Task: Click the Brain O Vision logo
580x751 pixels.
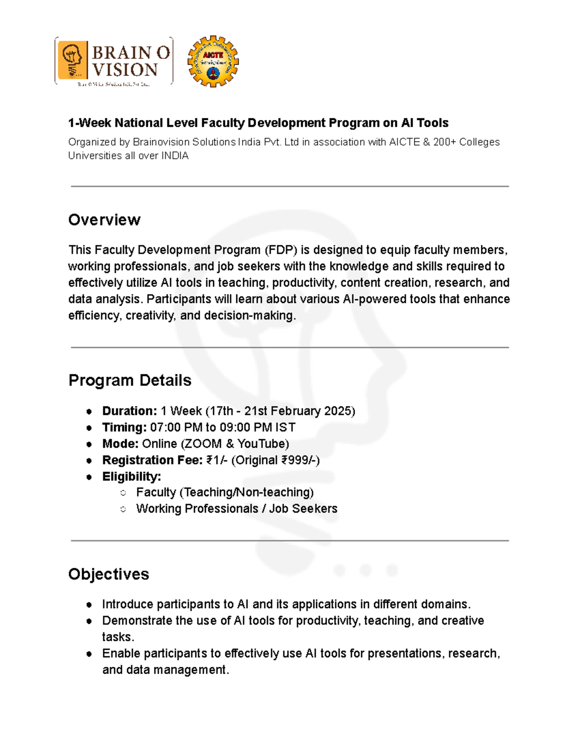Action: click(x=114, y=61)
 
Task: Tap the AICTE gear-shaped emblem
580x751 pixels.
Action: click(x=213, y=61)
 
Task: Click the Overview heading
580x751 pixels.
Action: click(x=104, y=220)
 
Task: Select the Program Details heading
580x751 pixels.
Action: click(x=130, y=381)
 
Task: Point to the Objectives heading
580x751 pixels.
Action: click(x=109, y=574)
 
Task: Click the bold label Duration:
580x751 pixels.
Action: click(x=130, y=411)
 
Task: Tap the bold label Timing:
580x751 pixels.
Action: click(x=124, y=427)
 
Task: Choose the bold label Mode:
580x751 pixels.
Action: click(x=120, y=444)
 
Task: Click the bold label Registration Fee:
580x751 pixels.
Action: click(x=152, y=460)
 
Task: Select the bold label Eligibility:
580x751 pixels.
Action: click(x=131, y=477)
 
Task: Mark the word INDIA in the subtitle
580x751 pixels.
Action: click(x=174, y=156)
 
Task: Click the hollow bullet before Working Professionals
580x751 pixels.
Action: click(x=123, y=509)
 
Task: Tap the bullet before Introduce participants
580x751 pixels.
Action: click(x=89, y=605)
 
